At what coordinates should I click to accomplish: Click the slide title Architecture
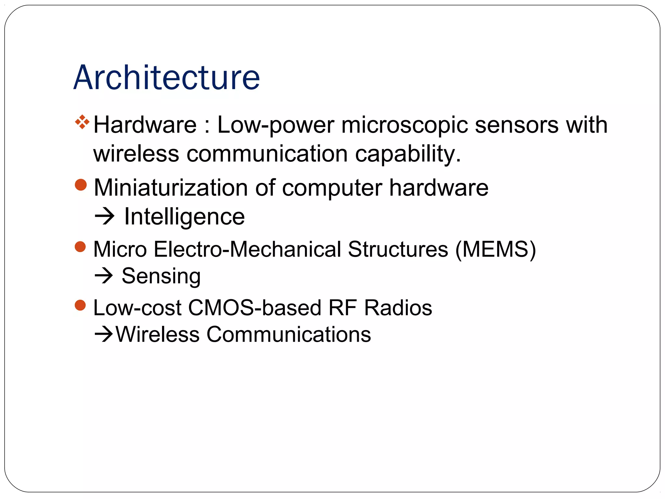(167, 78)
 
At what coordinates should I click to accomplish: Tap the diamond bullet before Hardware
(82, 122)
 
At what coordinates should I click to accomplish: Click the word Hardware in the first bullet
(145, 125)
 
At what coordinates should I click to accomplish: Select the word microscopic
(405, 125)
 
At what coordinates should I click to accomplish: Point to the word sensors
(517, 125)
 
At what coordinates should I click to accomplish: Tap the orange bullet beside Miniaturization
(81, 185)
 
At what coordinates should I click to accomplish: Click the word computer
(332, 188)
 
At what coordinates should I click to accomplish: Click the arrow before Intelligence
(105, 216)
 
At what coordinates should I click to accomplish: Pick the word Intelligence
(184, 217)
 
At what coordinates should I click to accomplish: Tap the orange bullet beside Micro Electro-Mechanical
(80, 247)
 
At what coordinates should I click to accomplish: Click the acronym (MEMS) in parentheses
(496, 249)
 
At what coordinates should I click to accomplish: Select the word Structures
(398, 249)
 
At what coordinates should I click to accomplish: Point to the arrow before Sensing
(104, 276)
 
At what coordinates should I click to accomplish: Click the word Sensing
(161, 276)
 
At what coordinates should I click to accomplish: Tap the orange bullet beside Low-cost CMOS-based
(80, 305)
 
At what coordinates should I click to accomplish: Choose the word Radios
(398, 308)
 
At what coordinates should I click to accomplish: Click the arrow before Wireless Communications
(104, 334)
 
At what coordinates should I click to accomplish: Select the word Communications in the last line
(289, 334)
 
